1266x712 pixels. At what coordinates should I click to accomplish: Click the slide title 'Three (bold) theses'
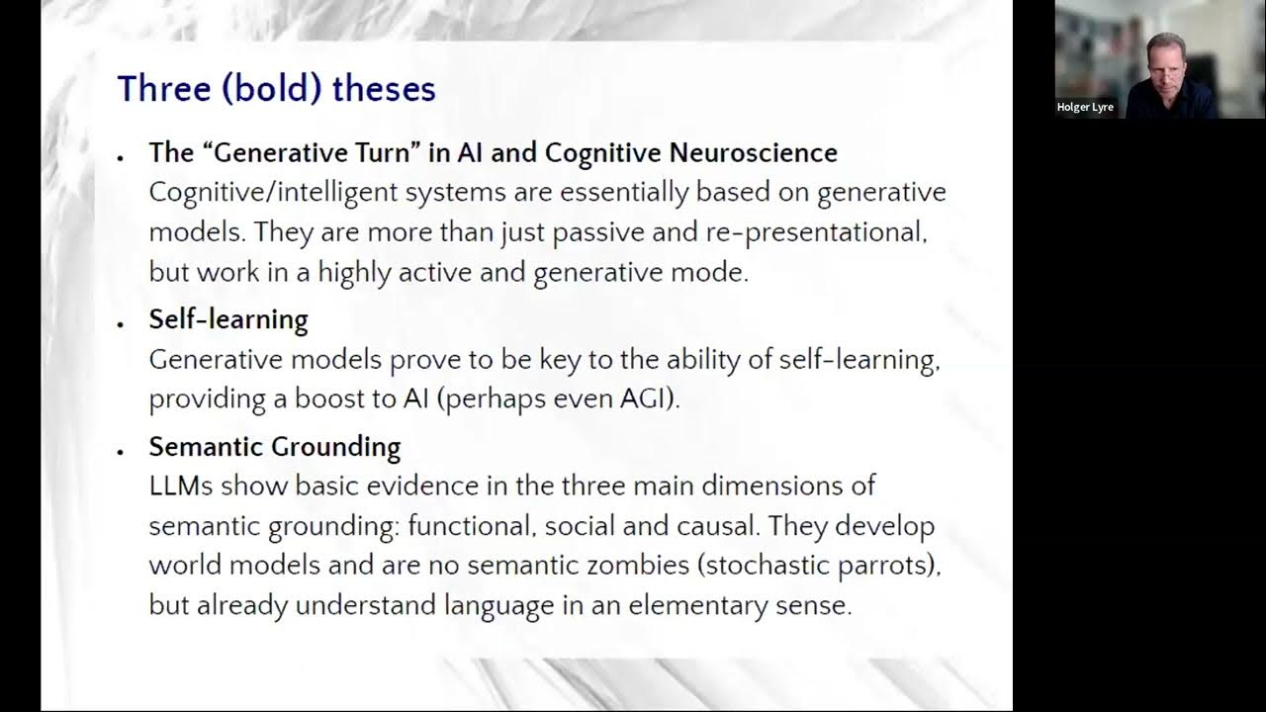click(276, 89)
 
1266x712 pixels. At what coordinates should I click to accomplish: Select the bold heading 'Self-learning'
click(228, 319)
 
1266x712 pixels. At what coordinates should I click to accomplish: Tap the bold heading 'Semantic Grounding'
click(274, 447)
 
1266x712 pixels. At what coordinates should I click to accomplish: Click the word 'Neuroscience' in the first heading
click(754, 152)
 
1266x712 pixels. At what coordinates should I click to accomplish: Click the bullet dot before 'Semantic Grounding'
click(121, 452)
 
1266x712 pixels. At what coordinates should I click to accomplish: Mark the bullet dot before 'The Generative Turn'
click(121, 158)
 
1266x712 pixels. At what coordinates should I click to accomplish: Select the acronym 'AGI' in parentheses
click(648, 400)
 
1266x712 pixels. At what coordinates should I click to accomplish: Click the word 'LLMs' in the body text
click(181, 487)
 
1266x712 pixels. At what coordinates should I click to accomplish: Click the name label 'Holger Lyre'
click(1085, 107)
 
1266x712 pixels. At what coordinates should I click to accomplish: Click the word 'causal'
click(717, 526)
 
